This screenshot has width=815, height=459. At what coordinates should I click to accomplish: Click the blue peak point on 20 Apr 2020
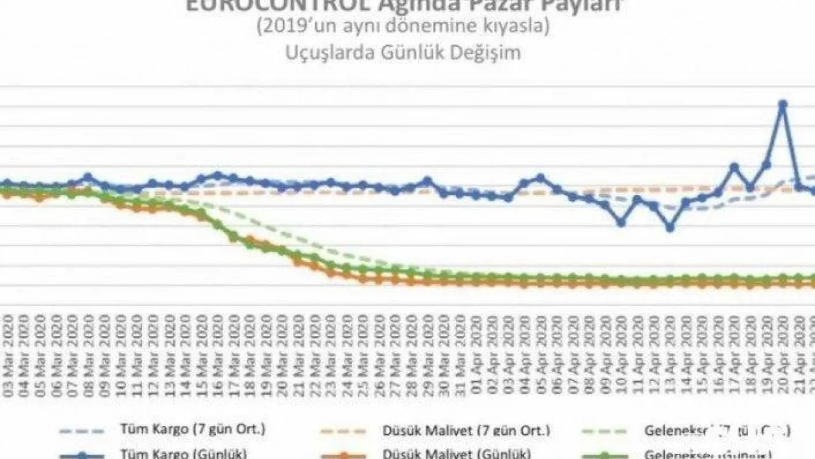tap(783, 104)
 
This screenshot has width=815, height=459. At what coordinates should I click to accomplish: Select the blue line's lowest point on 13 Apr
tap(670, 227)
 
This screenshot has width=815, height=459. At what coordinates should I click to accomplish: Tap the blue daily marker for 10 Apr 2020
tap(621, 222)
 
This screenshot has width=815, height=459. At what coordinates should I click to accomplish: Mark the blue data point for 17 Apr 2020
tap(734, 168)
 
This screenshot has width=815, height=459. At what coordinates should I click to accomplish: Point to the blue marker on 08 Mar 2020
tap(88, 177)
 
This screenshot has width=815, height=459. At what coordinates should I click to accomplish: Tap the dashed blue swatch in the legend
tap(81, 430)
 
